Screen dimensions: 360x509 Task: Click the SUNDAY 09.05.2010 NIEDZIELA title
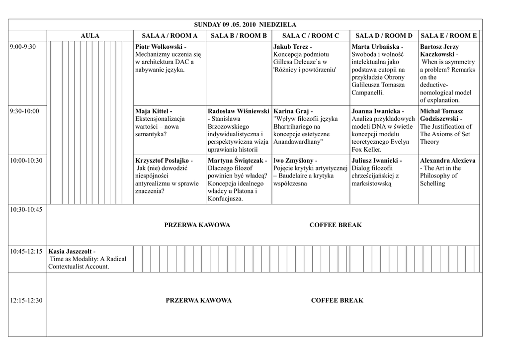(245, 24)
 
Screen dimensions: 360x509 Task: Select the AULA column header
(90, 36)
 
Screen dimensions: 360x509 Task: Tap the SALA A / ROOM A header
(170, 36)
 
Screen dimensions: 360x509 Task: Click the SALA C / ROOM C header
(311, 36)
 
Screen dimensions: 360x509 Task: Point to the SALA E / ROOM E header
(448, 36)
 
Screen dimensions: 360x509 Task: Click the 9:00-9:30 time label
(23, 47)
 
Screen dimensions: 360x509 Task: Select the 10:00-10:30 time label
(26, 161)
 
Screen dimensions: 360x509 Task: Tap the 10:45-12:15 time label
(26, 252)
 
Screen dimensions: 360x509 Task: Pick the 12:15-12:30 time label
(26, 300)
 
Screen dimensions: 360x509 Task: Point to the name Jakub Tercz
(290, 47)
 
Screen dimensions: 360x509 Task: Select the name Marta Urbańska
(375, 47)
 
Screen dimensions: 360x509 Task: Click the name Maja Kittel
(152, 111)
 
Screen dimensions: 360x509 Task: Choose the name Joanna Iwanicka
(375, 111)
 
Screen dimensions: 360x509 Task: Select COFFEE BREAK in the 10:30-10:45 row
(336, 225)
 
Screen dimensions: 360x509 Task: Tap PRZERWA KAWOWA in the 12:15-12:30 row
(198, 300)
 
